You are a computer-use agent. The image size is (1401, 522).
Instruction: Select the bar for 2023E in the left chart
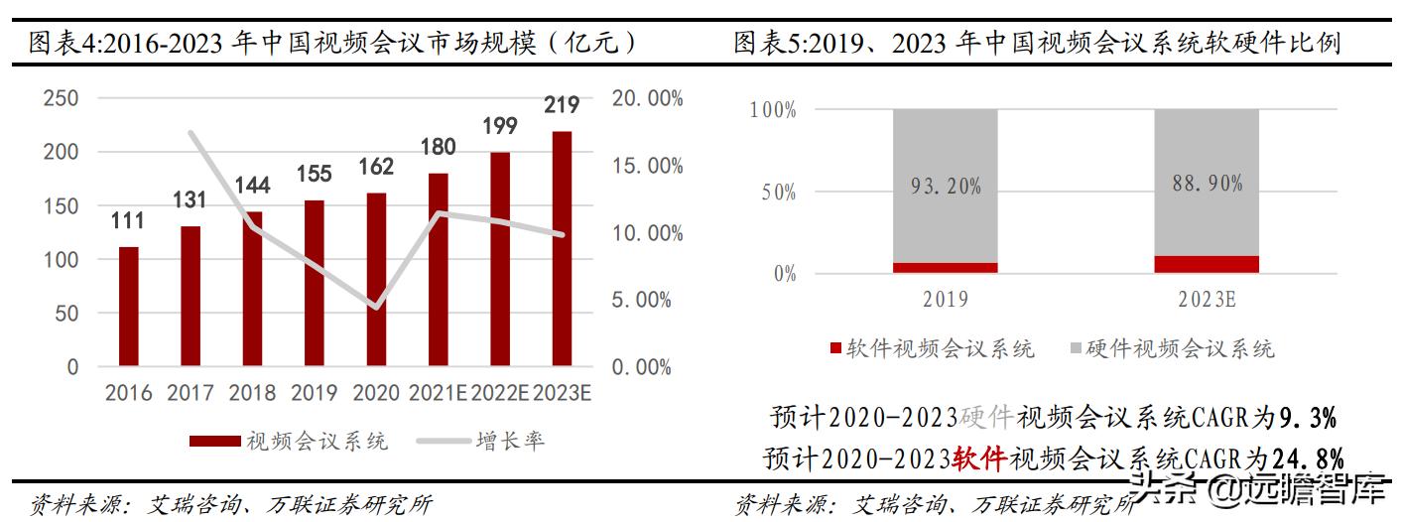click(562, 248)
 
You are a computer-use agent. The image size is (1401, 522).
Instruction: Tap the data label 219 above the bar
click(561, 105)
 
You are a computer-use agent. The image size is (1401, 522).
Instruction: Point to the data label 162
click(376, 167)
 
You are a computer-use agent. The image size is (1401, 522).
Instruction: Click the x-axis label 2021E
click(438, 393)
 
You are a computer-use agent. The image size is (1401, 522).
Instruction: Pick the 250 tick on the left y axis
click(61, 98)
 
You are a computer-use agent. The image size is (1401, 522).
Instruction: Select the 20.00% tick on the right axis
click(647, 98)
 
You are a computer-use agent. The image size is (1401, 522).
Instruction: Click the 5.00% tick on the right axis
click(641, 300)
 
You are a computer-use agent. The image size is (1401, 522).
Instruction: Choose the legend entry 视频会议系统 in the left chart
click(317, 441)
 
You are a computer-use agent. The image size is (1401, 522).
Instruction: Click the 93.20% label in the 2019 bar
click(945, 186)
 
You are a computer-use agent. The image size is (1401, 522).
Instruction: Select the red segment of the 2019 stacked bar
click(945, 267)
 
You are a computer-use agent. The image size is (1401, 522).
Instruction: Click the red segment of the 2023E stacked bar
click(1206, 264)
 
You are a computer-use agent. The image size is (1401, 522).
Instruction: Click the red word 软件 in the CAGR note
click(979, 458)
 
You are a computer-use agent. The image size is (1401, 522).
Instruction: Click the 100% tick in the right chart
click(774, 110)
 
